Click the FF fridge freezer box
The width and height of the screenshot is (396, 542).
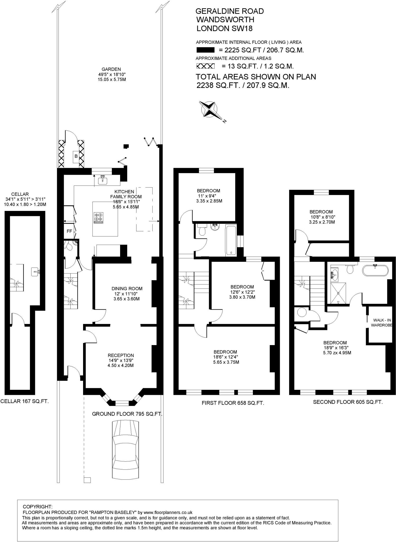point(69,231)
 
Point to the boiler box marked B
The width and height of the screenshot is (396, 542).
point(76,156)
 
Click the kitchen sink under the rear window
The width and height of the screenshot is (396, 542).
point(102,180)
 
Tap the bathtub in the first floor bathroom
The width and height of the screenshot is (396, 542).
point(231,240)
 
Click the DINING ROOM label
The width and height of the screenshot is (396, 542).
point(127,289)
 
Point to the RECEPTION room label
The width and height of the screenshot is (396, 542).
point(121,355)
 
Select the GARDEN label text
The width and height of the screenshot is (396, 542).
point(111,69)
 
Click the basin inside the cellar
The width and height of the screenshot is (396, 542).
point(35,272)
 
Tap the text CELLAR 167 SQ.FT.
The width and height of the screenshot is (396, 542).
point(25,401)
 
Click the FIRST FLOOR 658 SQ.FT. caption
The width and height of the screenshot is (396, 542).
point(233,403)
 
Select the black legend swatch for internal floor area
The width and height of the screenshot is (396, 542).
point(205,50)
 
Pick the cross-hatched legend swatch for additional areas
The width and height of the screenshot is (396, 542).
point(205,66)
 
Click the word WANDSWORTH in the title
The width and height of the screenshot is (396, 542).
point(225,20)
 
